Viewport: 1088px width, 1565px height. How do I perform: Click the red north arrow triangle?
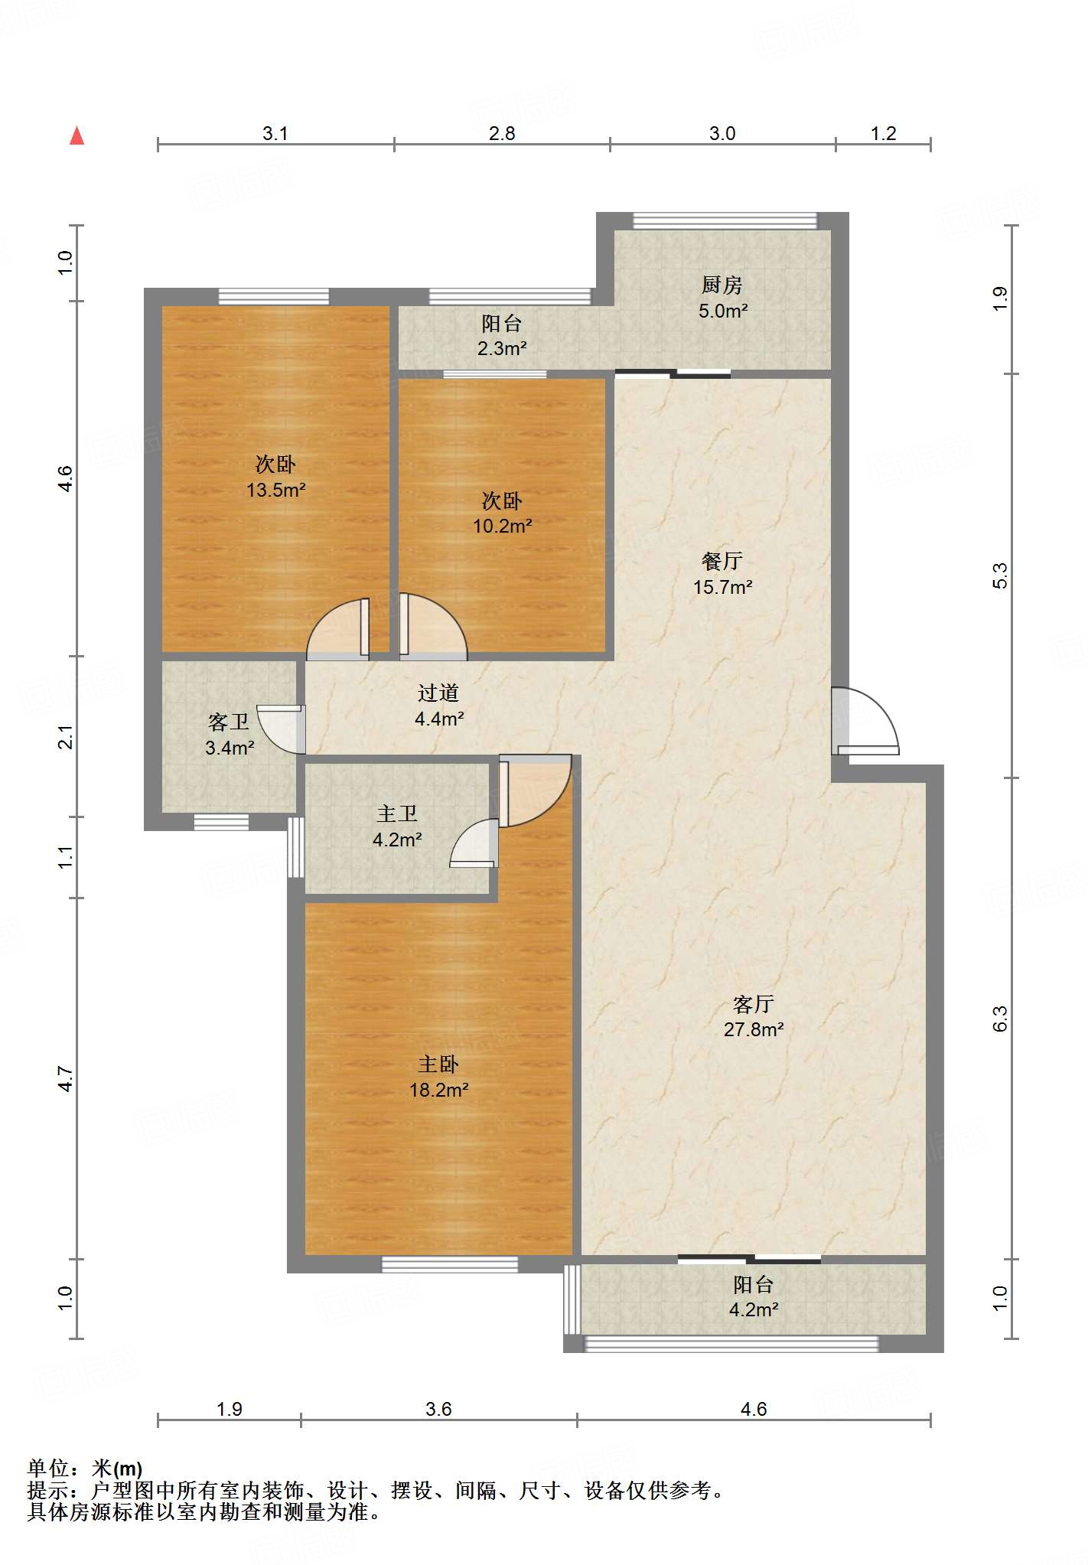[77, 135]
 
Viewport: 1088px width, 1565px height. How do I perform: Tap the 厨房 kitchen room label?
[722, 285]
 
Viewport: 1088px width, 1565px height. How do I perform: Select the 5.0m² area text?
[723, 311]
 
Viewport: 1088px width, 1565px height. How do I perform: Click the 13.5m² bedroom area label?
[276, 490]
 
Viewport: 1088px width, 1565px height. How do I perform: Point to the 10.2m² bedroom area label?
[503, 527]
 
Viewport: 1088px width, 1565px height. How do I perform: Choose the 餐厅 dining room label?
[722, 562]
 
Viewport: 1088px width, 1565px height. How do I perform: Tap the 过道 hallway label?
[438, 693]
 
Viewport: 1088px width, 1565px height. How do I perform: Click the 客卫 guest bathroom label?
[229, 722]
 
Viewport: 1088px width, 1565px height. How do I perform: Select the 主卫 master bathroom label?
[397, 814]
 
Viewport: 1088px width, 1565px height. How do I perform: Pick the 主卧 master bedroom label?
[438, 1065]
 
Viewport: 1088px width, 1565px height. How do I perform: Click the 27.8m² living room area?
[754, 1030]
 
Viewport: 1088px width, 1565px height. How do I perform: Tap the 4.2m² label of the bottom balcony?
[754, 1310]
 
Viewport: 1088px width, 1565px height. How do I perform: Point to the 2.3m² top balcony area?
[502, 349]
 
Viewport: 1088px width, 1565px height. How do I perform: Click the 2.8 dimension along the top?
[502, 134]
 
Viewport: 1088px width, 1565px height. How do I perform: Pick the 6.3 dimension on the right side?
[1000, 1019]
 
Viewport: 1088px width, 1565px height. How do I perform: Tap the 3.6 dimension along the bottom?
[438, 1410]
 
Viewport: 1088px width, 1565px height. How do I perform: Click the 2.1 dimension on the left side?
[66, 737]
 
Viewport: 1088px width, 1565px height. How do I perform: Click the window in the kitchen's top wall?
[725, 220]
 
